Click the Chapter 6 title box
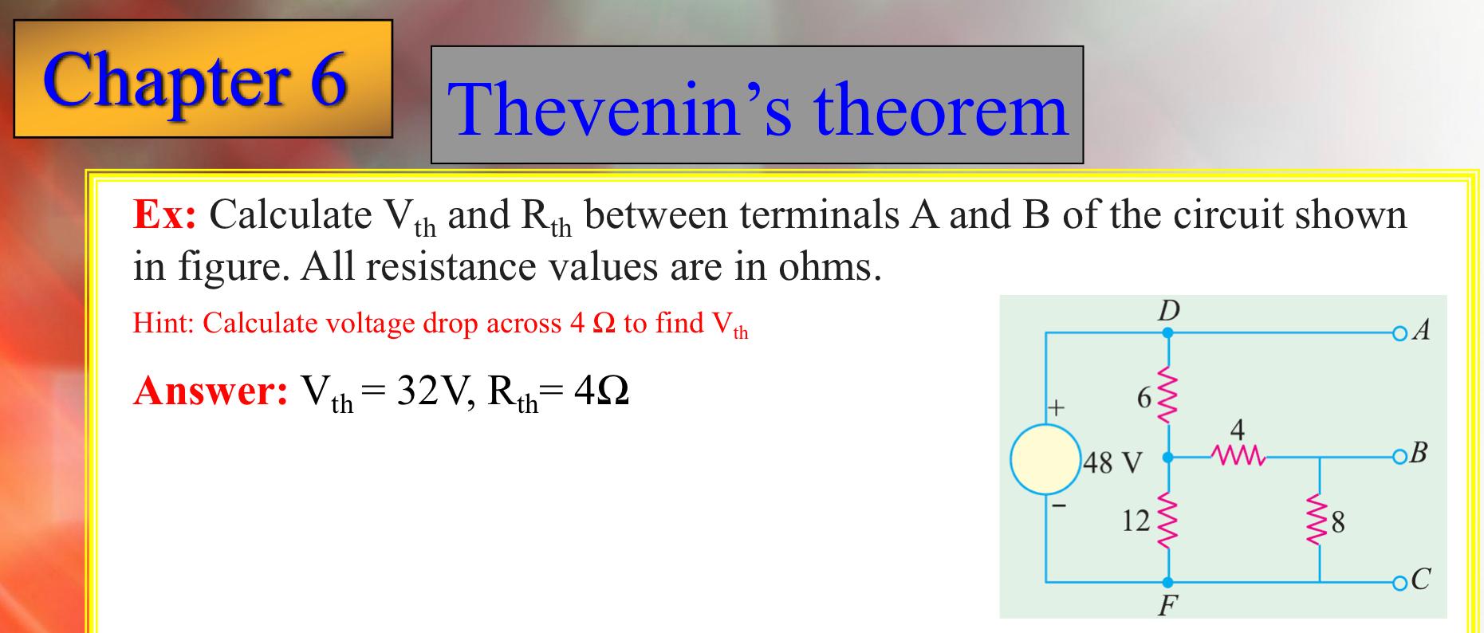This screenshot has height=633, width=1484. point(203,78)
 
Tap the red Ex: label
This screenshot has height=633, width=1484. point(164,214)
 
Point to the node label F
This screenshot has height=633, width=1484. point(1167,607)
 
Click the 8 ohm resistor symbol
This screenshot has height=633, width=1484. point(1319,522)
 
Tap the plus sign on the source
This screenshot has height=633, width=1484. point(1055,408)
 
